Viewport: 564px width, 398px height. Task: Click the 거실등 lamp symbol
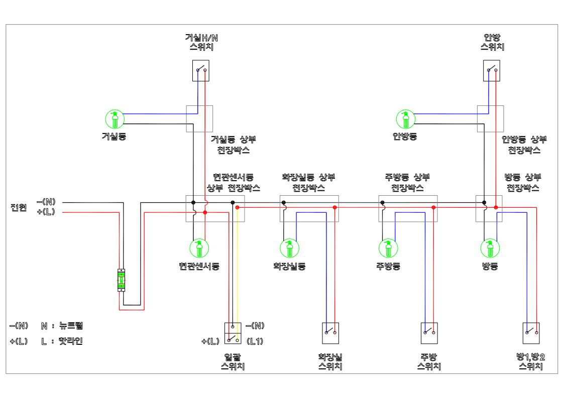[115, 119]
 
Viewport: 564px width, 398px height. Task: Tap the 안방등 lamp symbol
[406, 119]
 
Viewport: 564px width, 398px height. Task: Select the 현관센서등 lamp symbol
[199, 248]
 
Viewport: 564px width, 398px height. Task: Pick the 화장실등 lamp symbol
[290, 248]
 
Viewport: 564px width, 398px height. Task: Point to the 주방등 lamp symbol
[388, 248]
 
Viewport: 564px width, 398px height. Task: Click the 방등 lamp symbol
[490, 248]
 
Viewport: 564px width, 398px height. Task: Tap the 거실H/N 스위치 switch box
[201, 70]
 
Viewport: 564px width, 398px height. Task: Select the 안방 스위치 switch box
[491, 70]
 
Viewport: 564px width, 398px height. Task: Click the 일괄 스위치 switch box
[233, 333]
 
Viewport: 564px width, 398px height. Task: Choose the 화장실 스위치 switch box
[330, 333]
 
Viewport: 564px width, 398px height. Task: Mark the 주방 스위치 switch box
[429, 333]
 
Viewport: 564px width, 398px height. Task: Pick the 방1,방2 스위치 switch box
[531, 333]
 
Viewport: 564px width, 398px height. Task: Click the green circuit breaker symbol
[121, 280]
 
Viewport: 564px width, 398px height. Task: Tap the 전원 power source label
[19, 207]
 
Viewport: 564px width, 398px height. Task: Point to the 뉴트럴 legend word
[71, 326]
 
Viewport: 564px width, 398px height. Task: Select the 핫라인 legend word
[71, 341]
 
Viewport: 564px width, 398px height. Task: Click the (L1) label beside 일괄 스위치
[255, 341]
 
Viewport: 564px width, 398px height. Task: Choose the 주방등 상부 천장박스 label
[407, 182]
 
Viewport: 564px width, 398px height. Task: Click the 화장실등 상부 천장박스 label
[308, 182]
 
